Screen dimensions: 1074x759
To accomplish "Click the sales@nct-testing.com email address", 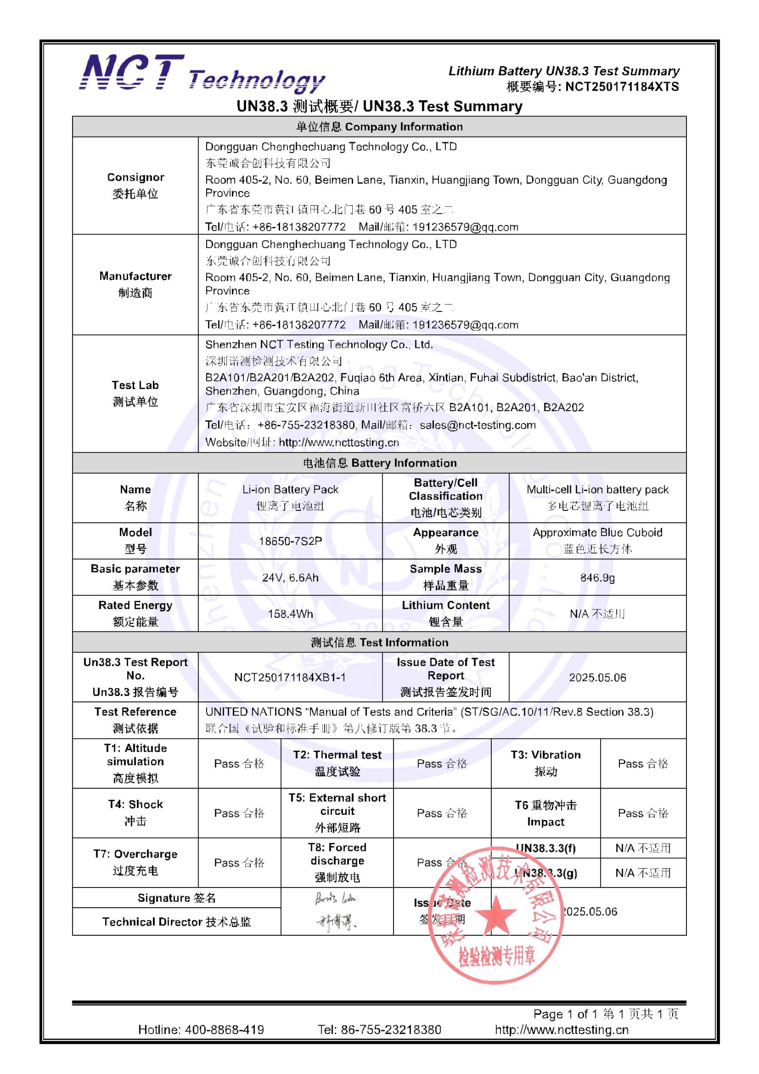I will pos(478,425).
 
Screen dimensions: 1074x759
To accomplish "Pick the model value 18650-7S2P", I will pos(290,541).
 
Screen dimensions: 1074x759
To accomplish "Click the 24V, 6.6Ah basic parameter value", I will pos(290,577).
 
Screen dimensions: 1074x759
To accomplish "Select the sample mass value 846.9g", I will pos(597,577).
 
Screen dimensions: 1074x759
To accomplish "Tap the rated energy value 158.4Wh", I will pos(290,614).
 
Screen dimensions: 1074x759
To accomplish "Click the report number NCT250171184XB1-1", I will pos(290,677).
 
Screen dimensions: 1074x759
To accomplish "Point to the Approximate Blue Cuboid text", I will pos(597,532).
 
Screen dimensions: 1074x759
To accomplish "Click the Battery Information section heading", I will pos(379,463).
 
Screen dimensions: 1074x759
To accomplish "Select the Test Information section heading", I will pos(379,642).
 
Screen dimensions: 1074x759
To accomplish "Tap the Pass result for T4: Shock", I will pos(239,813).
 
